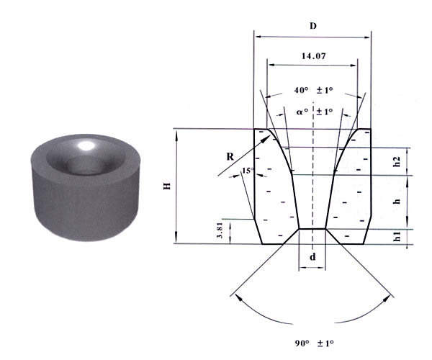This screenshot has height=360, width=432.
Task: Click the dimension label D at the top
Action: click(313, 26)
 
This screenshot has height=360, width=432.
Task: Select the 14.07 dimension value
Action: click(313, 56)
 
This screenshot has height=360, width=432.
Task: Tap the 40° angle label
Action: click(301, 90)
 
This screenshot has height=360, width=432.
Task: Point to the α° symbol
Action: click(302, 112)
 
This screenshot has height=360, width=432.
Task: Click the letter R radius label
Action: click(230, 157)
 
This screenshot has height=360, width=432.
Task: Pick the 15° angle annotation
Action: click(248, 171)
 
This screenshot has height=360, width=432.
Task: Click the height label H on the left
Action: click(167, 186)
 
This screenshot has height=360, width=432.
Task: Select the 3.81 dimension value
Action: click(220, 230)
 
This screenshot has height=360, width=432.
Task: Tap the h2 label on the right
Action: click(397, 161)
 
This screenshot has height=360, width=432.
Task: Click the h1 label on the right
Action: click(397, 236)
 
